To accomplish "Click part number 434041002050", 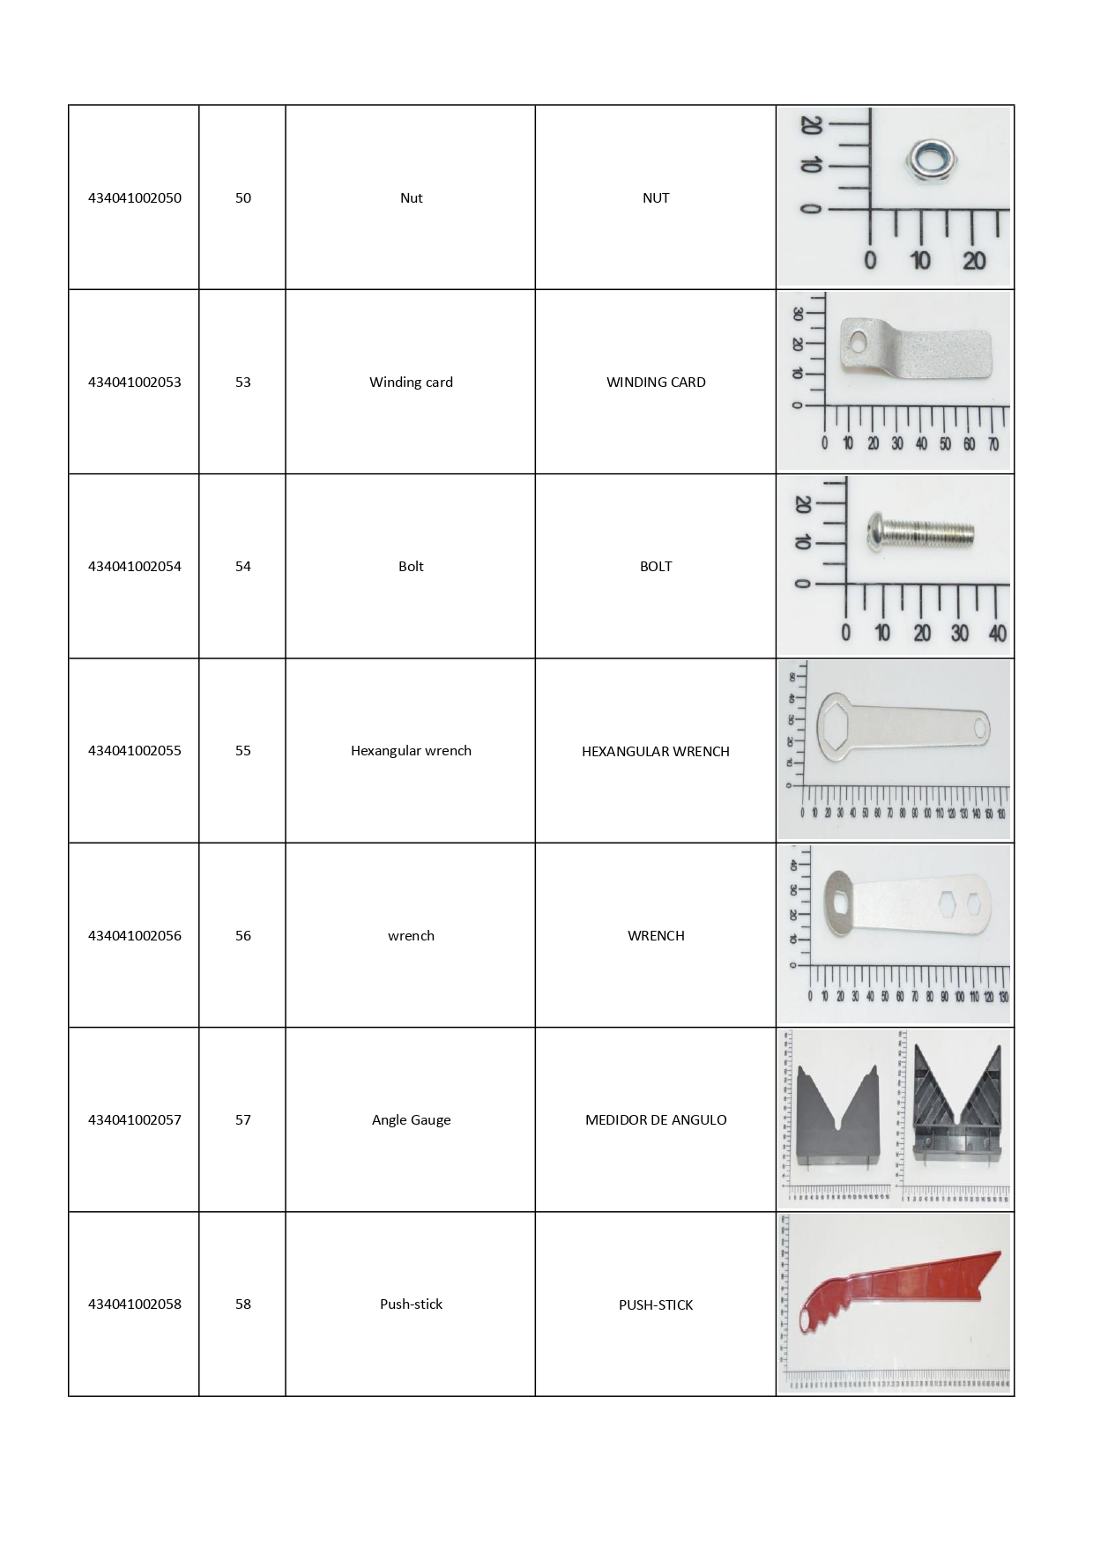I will tap(134, 197).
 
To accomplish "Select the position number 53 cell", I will tap(242, 382).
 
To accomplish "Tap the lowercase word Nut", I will tap(411, 197).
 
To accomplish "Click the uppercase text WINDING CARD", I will tap(655, 382).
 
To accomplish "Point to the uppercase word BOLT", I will tap(655, 566).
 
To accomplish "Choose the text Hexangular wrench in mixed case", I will tap(411, 751).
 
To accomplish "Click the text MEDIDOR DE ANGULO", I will tap(655, 1119).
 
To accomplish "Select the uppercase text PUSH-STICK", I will tap(655, 1304).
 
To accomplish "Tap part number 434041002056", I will tap(134, 935).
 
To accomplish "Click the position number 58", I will tap(242, 1304).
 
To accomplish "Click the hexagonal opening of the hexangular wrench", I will tap(836, 725).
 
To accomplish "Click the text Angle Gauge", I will tap(411, 1119).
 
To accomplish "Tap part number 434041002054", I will tap(134, 566).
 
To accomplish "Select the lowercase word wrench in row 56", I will tap(411, 935).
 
